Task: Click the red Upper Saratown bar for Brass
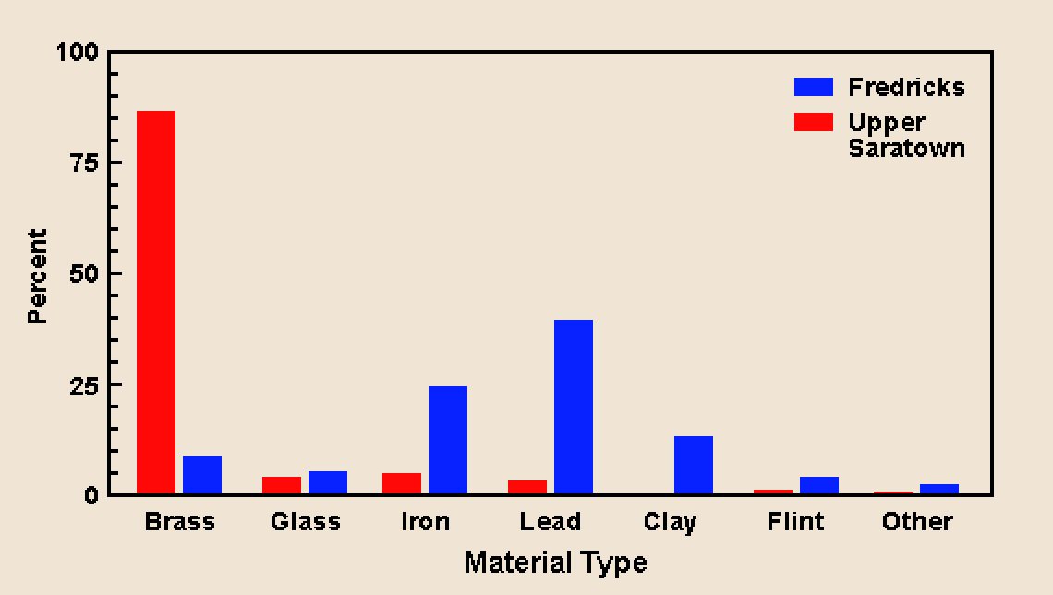[x=156, y=302]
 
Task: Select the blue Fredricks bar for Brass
[x=202, y=475]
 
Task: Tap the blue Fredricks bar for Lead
[x=574, y=407]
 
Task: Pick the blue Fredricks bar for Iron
[x=448, y=440]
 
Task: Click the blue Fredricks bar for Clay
[x=694, y=465]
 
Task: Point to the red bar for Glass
[x=282, y=485]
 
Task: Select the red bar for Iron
[x=402, y=483]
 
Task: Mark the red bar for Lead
[x=527, y=487]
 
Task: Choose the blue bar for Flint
[x=819, y=485]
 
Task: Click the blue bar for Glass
[x=328, y=482]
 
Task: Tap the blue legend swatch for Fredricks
[x=814, y=87]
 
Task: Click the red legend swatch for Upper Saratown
[x=814, y=122]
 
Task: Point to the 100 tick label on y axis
[x=78, y=53]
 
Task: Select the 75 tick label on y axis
[x=83, y=163]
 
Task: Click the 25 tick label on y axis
[x=83, y=384]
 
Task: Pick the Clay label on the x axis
[x=670, y=522]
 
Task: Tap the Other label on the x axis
[x=917, y=522]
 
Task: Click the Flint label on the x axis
[x=795, y=522]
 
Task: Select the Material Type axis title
[x=555, y=563]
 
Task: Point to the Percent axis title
[x=37, y=276]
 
